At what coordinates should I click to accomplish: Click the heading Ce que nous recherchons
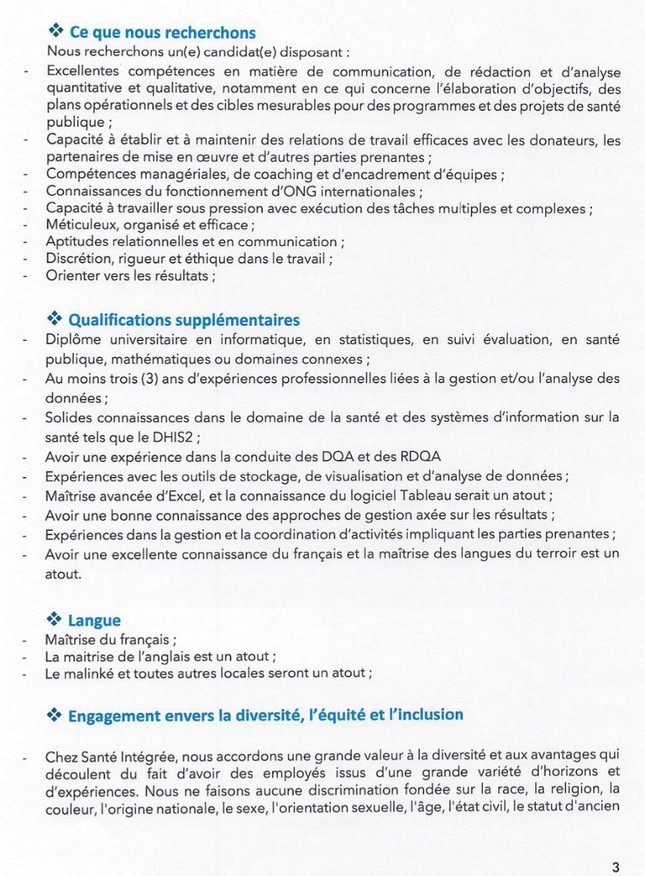tap(162, 33)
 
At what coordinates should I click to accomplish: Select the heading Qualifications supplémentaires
tap(183, 320)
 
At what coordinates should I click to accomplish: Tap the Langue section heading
tap(94, 620)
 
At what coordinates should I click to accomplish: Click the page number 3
tap(616, 867)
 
